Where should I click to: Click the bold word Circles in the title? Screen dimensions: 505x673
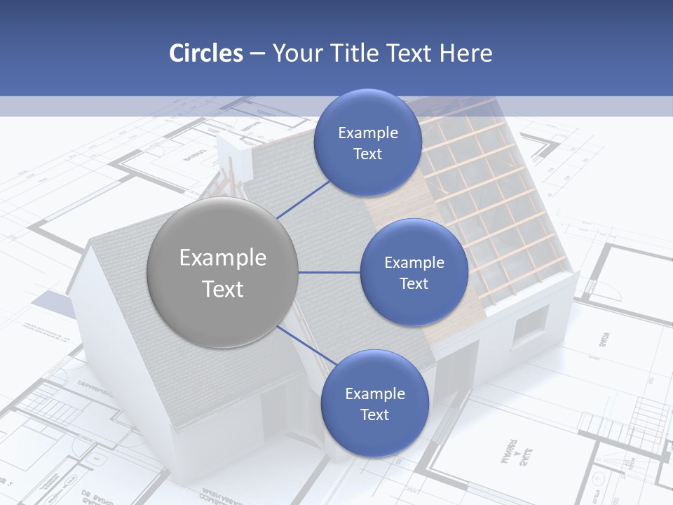205,53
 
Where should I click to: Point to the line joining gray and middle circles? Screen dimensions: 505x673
329,272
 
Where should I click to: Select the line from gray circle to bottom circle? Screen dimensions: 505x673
306,345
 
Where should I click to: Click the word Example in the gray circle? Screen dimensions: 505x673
223,258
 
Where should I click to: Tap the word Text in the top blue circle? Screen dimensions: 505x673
367,154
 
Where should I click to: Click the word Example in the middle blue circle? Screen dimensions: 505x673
414,263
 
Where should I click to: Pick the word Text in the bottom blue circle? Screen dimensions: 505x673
374,415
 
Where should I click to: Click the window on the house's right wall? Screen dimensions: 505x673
531,326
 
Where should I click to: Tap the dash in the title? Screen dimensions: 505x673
257,53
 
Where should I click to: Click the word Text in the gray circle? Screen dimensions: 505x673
223,289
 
